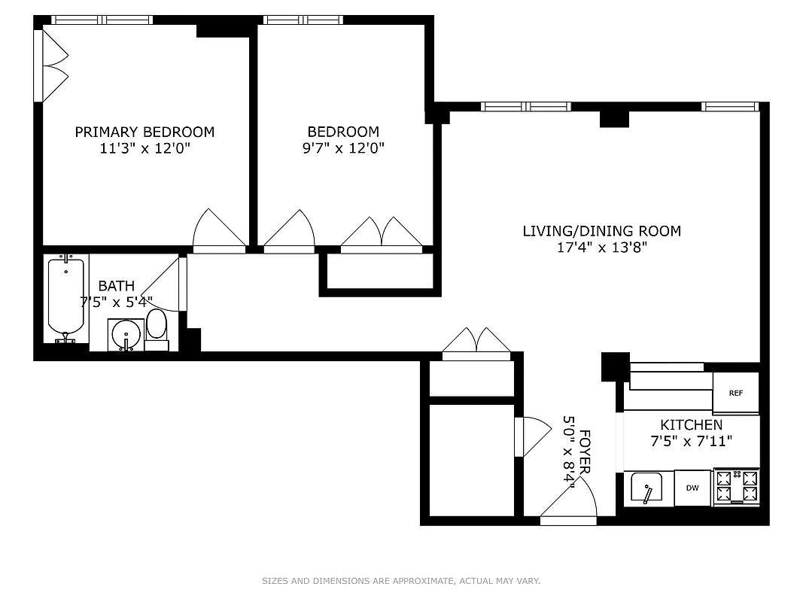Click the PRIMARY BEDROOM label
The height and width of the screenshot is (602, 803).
click(x=144, y=132)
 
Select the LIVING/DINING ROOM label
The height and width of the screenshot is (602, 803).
click(x=601, y=231)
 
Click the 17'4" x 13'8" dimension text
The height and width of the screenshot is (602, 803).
click(x=601, y=248)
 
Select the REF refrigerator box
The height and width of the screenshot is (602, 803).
click(x=735, y=393)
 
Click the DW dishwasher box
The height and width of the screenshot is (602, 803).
click(x=692, y=488)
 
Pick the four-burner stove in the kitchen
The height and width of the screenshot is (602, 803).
click(x=737, y=487)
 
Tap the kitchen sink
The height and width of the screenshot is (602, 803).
click(x=648, y=489)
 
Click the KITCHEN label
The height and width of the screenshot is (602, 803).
click(x=691, y=425)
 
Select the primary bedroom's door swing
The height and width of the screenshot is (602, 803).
click(x=219, y=230)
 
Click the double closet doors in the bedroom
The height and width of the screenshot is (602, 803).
click(x=382, y=232)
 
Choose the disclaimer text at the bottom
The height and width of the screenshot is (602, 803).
click(x=401, y=581)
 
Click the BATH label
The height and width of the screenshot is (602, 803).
click(x=117, y=286)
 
